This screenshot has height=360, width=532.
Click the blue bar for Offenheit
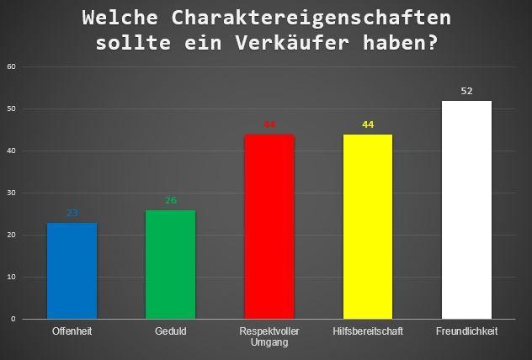coord(72,270)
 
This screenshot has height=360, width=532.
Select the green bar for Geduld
coord(170,264)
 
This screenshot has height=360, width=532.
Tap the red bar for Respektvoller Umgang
coord(269,226)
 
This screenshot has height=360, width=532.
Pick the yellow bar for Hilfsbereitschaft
coord(368,226)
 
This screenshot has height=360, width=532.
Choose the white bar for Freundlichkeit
coord(466,209)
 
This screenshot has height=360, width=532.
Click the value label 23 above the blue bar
coord(72,214)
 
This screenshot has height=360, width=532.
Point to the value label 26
coord(171,201)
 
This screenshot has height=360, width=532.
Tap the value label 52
coord(466,91)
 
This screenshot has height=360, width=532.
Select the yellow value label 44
coord(368,124)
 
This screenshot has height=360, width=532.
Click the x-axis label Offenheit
coord(72,331)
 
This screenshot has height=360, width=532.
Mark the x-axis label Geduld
coord(170,331)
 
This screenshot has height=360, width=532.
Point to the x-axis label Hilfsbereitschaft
coord(368,331)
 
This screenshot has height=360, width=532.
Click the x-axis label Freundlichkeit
coord(466,331)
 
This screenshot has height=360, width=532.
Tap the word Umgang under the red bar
coord(269,342)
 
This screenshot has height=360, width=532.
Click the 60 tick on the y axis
coord(12,66)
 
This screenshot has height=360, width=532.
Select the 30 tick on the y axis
coord(12,193)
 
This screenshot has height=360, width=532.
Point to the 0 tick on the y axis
coord(13,319)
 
